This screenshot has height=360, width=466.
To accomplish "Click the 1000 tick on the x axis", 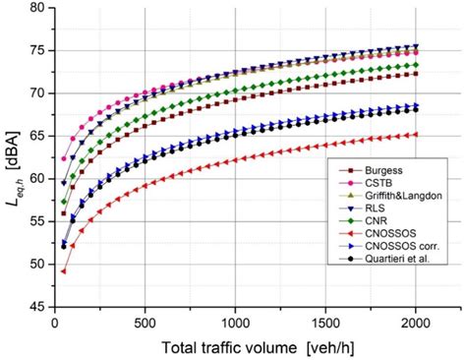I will [235, 321].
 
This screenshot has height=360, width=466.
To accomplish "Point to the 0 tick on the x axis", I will [55, 321].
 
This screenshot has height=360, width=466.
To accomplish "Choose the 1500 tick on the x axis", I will [325, 321].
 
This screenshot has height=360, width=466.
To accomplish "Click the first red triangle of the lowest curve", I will [64, 271].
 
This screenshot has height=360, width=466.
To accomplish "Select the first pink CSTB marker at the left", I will [64, 158].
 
